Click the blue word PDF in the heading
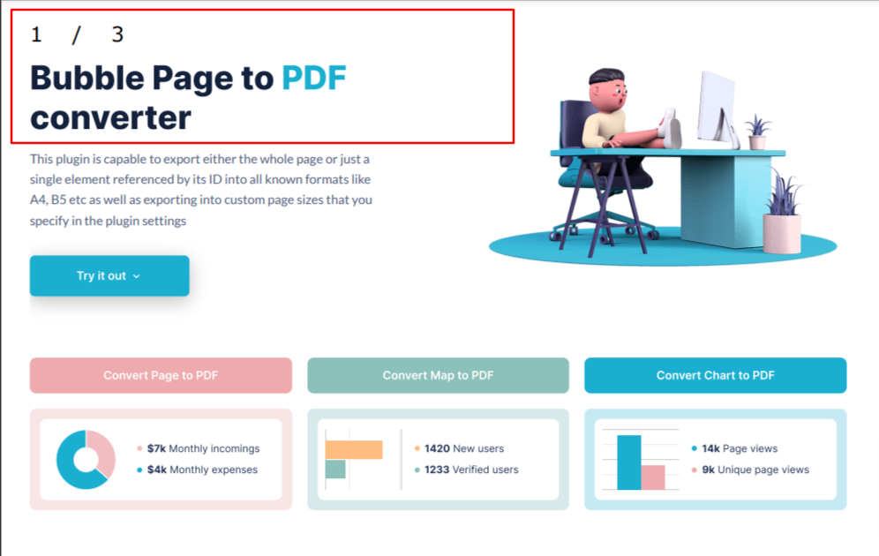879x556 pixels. (314, 78)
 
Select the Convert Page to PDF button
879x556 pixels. (161, 375)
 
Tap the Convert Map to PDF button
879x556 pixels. (438, 375)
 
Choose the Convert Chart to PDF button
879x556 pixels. (716, 375)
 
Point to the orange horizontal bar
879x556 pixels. (354, 449)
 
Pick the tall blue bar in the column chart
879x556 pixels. (629, 462)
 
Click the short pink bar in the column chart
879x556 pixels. (653, 477)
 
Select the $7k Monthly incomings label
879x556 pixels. (203, 448)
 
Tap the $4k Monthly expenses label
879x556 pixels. (202, 470)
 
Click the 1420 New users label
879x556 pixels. (463, 448)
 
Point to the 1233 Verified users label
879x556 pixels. (471, 470)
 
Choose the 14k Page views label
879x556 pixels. (740, 448)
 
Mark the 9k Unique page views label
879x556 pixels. (755, 470)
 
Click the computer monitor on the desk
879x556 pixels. (717, 109)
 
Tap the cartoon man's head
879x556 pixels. (608, 90)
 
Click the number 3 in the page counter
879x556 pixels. (117, 34)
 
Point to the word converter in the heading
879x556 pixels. (110, 118)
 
